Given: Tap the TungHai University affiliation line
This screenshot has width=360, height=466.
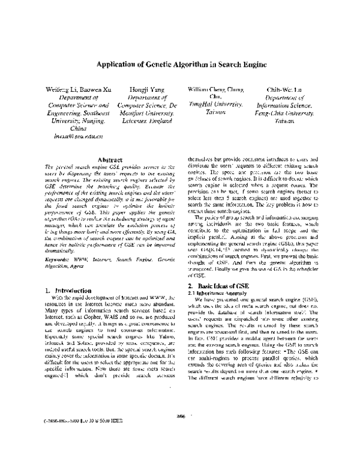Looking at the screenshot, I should [x=214, y=104].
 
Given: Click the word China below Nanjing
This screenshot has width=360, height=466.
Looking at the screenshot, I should [x=79, y=129].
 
